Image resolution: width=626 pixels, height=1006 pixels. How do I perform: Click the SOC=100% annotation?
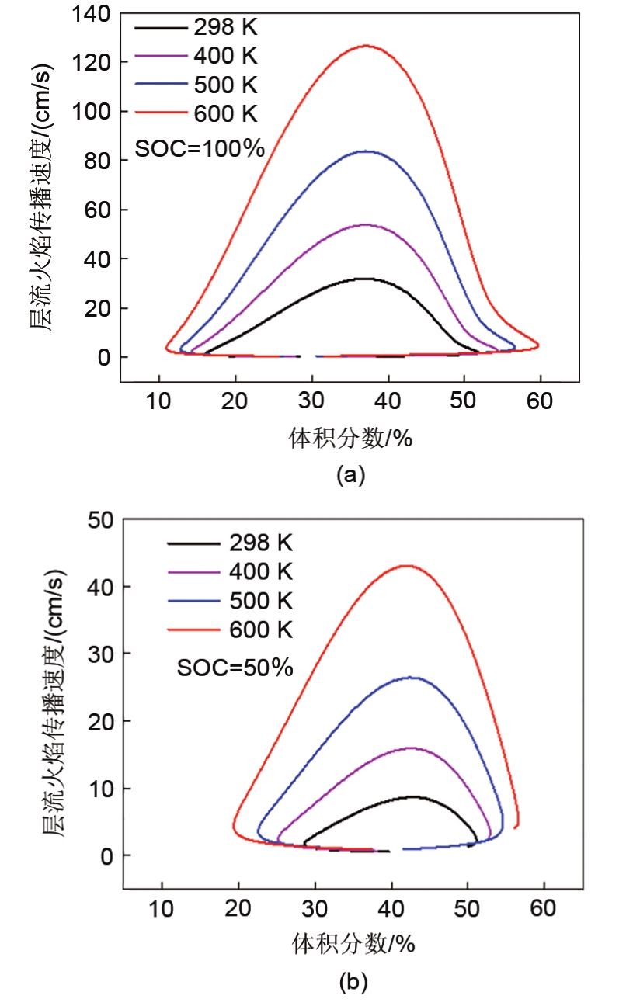200,147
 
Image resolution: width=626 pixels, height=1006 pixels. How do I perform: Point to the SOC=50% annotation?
235,667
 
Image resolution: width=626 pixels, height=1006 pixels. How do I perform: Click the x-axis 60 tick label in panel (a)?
540,401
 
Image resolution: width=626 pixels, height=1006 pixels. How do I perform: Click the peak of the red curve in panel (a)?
365,46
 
